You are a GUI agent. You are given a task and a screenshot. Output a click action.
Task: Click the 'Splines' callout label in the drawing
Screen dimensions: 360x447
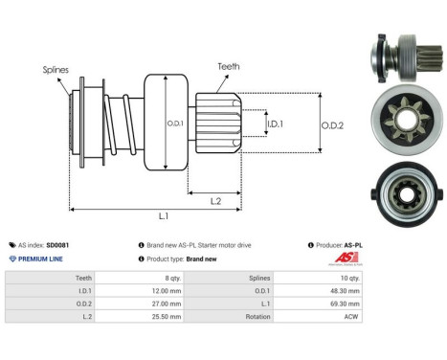[x=56, y=69]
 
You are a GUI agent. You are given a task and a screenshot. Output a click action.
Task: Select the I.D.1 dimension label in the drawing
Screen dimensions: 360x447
[x=275, y=124]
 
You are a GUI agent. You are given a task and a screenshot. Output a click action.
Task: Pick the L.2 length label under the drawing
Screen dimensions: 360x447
[x=217, y=199]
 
